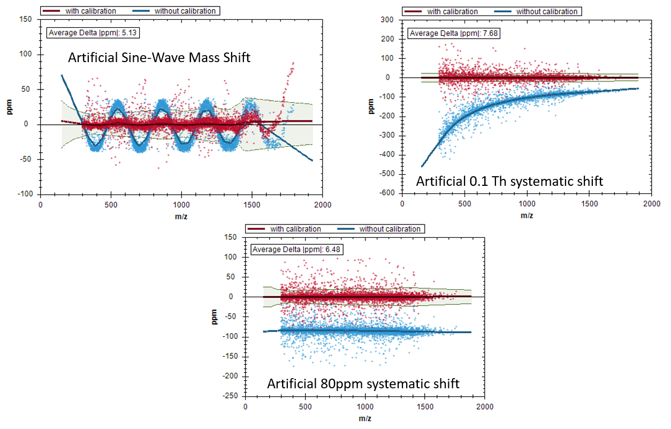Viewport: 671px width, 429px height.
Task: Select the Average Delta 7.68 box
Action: point(454,33)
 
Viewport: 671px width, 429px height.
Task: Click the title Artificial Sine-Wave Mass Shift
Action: point(159,57)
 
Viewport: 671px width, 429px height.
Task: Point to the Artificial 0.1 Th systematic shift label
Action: point(509,182)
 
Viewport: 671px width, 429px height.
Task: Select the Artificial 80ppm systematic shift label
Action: point(363,384)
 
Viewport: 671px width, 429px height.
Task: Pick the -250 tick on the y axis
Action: point(231,396)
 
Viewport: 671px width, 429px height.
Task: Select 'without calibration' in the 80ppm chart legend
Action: point(390,229)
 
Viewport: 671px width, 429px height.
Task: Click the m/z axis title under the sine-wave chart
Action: point(181,215)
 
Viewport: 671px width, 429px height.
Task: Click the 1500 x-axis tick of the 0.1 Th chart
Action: point(589,204)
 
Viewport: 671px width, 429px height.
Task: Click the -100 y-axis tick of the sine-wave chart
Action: point(26,193)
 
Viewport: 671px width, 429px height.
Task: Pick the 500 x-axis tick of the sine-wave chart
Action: point(111,204)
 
